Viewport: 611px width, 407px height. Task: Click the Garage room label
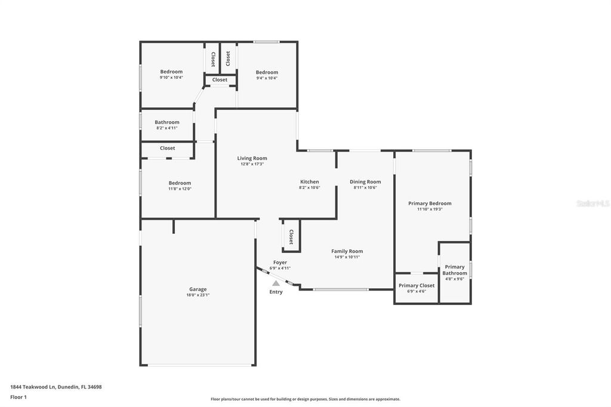coord(198,289)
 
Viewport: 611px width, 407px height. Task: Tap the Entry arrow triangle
coord(276,284)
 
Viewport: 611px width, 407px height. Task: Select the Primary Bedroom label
coord(430,203)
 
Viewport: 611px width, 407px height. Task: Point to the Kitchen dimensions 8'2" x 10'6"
coord(309,187)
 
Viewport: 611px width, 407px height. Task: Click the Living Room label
coord(252,158)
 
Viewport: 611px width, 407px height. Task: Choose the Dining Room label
coord(365,182)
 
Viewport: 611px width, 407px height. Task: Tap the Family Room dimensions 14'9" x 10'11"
coord(347,257)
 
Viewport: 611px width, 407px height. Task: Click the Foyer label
coord(280,263)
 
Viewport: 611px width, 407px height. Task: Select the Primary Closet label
coord(416,285)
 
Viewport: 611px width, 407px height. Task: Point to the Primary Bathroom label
coord(455,270)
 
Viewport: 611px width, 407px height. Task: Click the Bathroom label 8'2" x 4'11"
coord(167,122)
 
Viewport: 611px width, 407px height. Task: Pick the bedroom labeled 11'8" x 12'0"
coord(180,183)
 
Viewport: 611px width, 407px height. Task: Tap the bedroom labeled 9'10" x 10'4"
coord(171,72)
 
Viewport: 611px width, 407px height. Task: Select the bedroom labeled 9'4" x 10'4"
coord(267,73)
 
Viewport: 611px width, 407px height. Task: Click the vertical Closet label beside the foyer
coord(291,236)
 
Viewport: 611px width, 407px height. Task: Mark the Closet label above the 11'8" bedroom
coord(168,148)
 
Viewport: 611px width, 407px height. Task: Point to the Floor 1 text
coord(18,397)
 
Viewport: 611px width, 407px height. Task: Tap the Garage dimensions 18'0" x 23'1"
coord(198,295)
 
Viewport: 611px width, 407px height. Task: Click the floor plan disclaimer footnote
coord(305,399)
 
